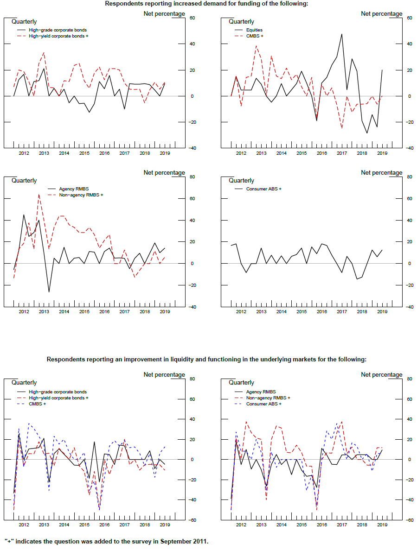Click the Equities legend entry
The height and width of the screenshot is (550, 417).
click(x=254, y=30)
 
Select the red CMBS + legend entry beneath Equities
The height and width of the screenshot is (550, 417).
click(x=254, y=36)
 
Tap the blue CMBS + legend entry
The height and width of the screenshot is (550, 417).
click(x=37, y=404)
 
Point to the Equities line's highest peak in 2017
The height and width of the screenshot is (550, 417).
click(x=342, y=34)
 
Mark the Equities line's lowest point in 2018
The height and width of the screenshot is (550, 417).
click(x=367, y=133)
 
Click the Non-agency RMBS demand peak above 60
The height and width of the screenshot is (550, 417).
click(x=38, y=194)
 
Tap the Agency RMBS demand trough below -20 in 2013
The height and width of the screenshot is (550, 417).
click(x=49, y=292)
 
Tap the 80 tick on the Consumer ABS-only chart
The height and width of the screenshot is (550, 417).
click(x=409, y=177)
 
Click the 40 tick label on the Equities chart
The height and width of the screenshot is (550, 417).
click(x=409, y=44)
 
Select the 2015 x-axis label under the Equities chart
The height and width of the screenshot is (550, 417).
click(x=302, y=153)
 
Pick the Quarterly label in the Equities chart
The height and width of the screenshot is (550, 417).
click(x=241, y=21)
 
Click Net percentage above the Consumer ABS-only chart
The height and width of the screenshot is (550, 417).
click(x=382, y=172)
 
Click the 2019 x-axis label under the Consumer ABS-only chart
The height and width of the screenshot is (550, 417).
click(x=382, y=312)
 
